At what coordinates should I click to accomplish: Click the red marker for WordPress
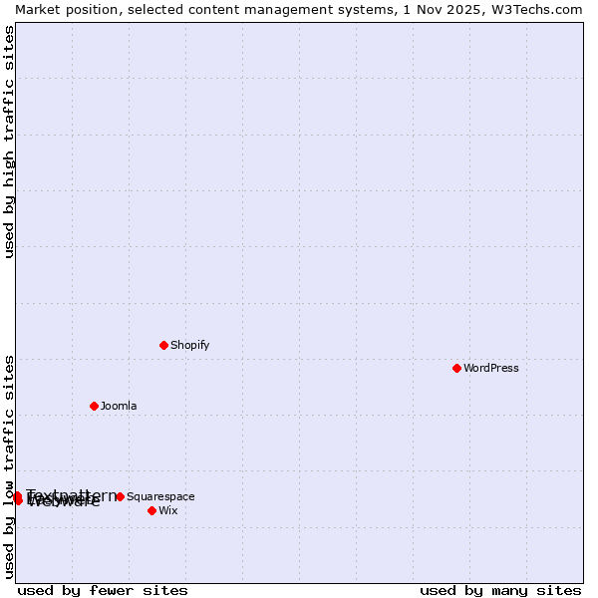(x=456, y=368)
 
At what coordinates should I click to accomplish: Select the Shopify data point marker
(x=163, y=345)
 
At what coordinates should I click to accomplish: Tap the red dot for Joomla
(x=94, y=406)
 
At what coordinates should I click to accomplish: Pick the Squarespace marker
(x=120, y=496)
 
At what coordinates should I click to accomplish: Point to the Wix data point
(x=151, y=510)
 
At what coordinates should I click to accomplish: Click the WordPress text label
(x=491, y=369)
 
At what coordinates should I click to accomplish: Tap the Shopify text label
(x=189, y=346)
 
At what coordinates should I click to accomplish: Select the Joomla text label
(x=119, y=407)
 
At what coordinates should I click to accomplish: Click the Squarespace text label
(x=160, y=497)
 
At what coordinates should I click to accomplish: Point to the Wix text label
(x=168, y=511)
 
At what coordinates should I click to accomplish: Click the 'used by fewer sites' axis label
(x=103, y=590)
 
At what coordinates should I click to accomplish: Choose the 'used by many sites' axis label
(x=500, y=590)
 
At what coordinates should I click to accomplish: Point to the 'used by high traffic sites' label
(x=9, y=142)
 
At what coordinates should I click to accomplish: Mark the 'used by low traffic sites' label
(x=9, y=466)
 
